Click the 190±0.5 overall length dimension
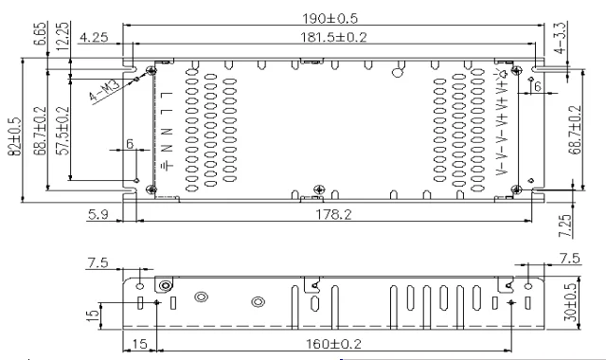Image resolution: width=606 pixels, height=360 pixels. [x=330, y=18]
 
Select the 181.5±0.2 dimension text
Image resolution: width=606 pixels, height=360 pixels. [x=333, y=37]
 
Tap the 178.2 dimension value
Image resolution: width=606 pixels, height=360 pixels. [x=334, y=214]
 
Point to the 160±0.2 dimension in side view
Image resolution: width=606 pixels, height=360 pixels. [x=333, y=344]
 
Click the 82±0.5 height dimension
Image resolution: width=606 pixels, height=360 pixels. [x=15, y=135]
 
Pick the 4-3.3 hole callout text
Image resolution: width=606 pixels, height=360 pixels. [x=560, y=37]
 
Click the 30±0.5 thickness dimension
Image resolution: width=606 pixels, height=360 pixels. [x=571, y=302]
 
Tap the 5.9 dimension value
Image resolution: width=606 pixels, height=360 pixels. [x=98, y=214]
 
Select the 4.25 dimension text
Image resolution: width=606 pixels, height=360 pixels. [x=94, y=38]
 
